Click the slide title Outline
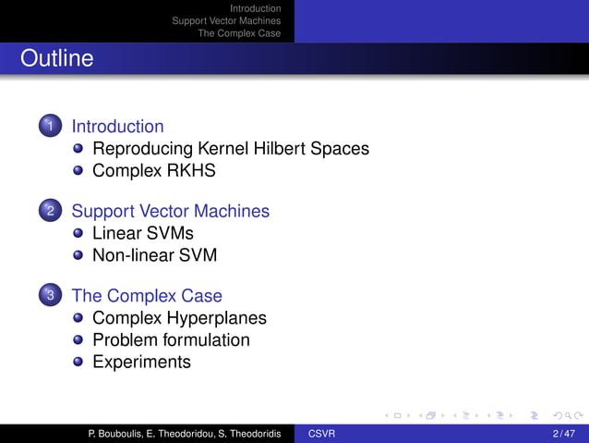click(x=57, y=59)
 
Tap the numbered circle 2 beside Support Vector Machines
click(x=50, y=212)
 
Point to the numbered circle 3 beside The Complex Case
click(x=50, y=296)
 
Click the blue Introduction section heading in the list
click(x=117, y=127)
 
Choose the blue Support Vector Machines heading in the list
click(x=170, y=211)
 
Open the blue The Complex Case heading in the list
click(x=147, y=296)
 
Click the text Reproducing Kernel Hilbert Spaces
click(x=231, y=149)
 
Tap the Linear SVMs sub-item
click(x=143, y=233)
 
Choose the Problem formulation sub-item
click(x=171, y=339)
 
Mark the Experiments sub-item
click(x=141, y=362)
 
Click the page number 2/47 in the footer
click(x=562, y=434)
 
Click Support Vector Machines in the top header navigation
click(x=226, y=20)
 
